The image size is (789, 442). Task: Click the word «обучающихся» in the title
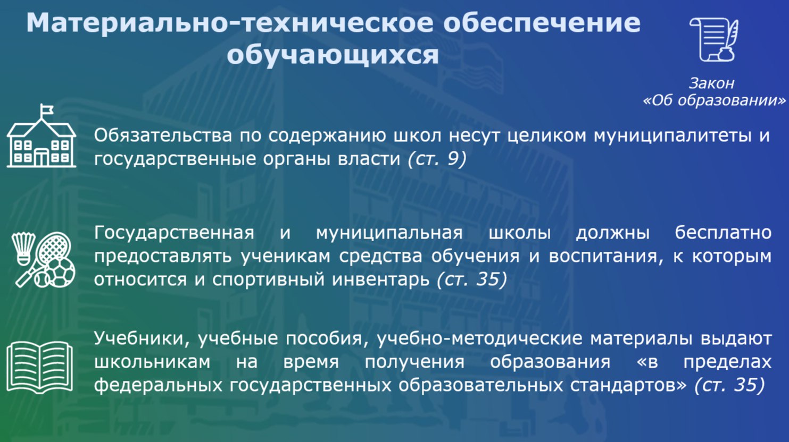pyautogui.click(x=333, y=56)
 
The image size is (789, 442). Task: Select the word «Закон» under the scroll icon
pyautogui.click(x=711, y=83)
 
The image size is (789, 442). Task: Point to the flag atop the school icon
pyautogui.click(x=47, y=109)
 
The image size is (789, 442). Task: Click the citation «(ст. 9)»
pyautogui.click(x=437, y=159)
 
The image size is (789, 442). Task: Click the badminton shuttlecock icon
pyautogui.click(x=23, y=249)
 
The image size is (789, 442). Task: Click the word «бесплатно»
pyautogui.click(x=723, y=233)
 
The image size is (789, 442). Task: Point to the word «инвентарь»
pyautogui.click(x=381, y=280)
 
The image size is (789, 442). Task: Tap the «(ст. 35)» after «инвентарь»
pyautogui.click(x=472, y=279)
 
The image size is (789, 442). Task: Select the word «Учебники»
pyautogui.click(x=142, y=338)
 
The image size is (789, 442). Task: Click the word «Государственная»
pyautogui.click(x=174, y=233)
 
